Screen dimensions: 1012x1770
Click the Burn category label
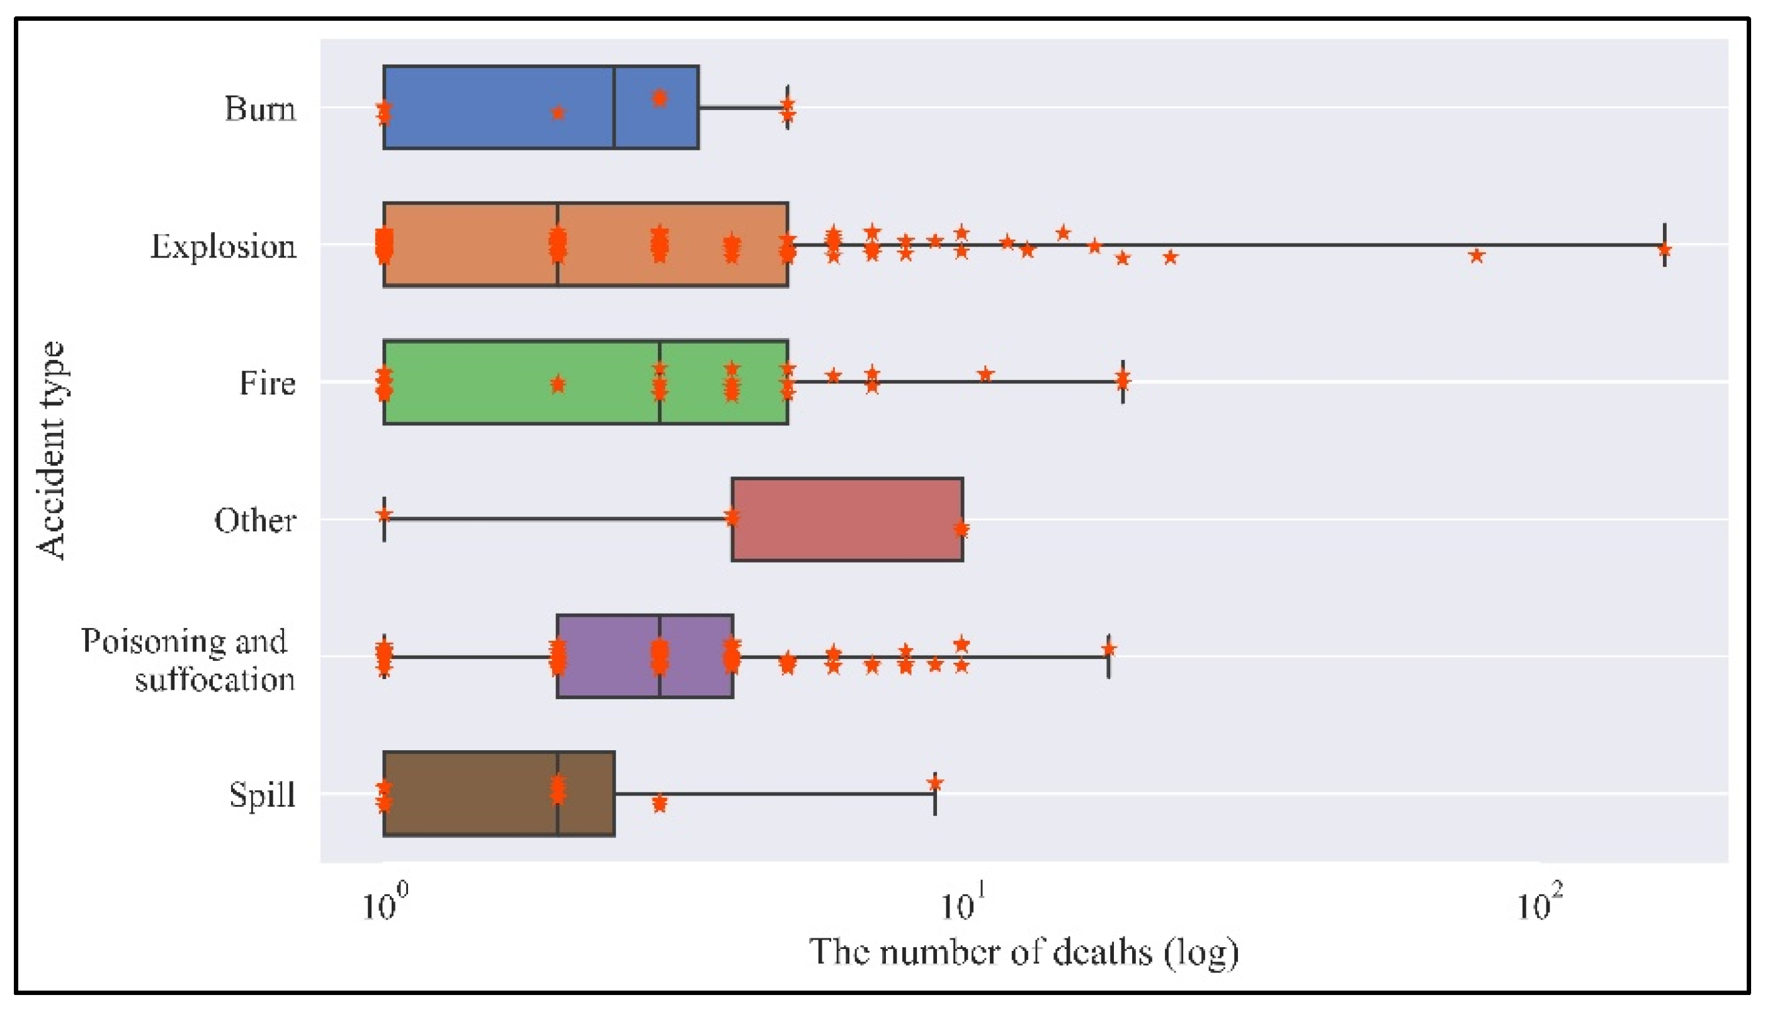[x=260, y=109]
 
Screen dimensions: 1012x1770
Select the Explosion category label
[x=223, y=247]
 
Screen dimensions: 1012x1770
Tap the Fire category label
[x=268, y=384]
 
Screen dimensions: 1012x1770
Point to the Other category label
[x=255, y=520]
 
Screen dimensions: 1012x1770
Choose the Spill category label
[x=262, y=795]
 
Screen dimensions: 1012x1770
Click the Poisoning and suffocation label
[x=186, y=660]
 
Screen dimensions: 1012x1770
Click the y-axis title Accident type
[x=52, y=451]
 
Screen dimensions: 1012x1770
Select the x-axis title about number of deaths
[x=1023, y=953]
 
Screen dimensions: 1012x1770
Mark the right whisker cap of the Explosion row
[x=1664, y=245]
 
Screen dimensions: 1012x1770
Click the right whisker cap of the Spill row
[x=935, y=794]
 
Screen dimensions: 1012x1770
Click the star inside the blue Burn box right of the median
[x=660, y=98]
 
